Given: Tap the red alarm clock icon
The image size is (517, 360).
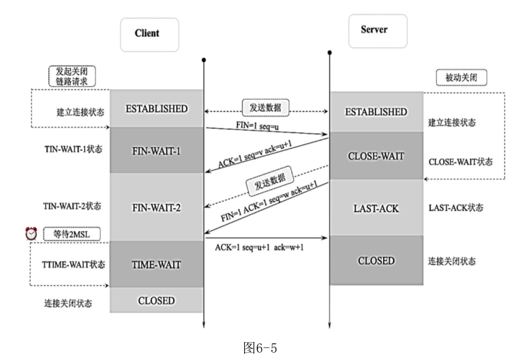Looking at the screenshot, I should pos(32,233).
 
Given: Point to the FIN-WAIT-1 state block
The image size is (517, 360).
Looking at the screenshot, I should pos(157,150).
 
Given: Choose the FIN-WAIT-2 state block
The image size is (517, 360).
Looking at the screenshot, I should pos(157,206).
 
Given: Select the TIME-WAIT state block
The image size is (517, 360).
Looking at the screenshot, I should pos(157,265).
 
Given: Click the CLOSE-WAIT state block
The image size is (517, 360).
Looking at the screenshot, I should pos(377,156).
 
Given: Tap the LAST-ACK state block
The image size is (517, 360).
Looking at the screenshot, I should pos(377,208).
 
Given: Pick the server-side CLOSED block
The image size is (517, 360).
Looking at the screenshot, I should pos(377,260).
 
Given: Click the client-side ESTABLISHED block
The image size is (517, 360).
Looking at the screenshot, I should pos(157,108).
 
